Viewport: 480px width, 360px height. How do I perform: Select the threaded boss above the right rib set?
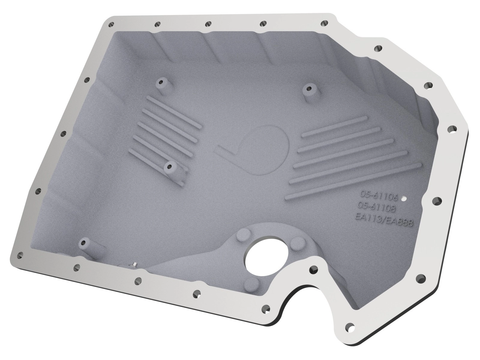point(309,89)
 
